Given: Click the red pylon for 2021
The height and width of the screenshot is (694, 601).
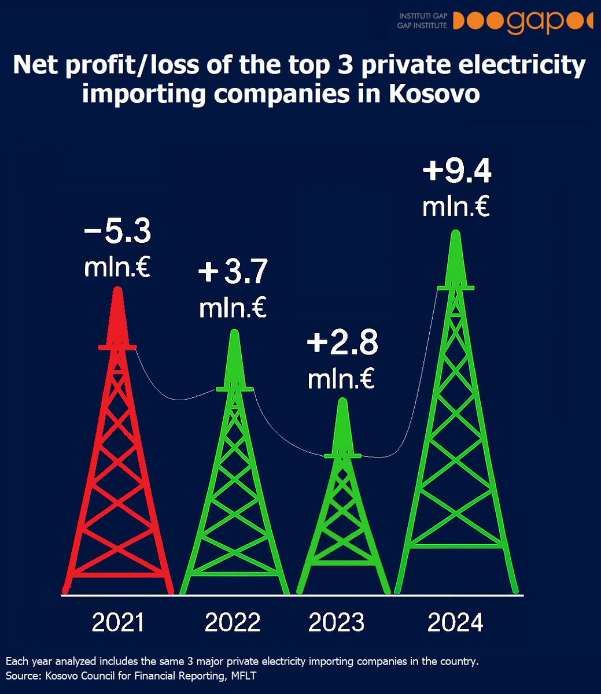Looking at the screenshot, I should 118,463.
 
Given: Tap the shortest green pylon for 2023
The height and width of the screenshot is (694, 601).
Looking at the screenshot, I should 342,509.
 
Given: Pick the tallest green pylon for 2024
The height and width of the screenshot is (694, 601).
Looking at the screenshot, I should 456,434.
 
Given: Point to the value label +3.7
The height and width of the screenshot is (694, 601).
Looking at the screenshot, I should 233,273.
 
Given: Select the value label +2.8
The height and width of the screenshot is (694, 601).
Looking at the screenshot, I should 342,343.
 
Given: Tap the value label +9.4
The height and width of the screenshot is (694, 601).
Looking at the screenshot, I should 456,172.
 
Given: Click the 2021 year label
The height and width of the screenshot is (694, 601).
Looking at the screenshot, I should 118,623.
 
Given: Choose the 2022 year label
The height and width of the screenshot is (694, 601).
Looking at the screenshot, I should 233,623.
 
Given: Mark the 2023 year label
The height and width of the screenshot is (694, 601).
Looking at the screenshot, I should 337,623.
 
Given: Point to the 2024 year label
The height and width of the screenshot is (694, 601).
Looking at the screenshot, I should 455,623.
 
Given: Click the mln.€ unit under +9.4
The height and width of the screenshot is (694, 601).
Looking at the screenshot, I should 456,206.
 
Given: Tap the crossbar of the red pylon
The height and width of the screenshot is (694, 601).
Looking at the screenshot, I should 117,347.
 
